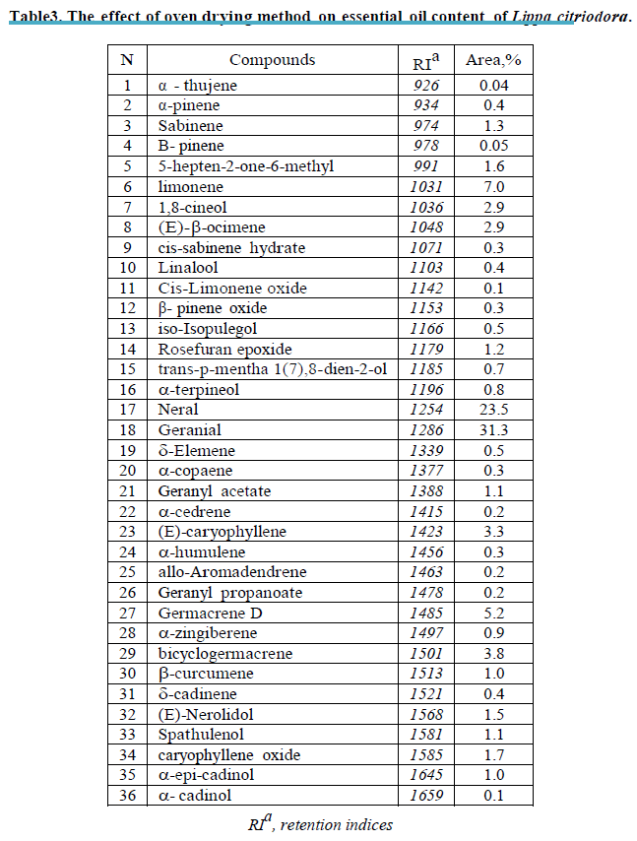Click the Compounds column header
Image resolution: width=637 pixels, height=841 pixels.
click(x=273, y=60)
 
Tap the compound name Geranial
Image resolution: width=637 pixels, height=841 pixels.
click(x=190, y=430)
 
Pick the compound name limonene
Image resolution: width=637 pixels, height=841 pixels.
click(x=190, y=187)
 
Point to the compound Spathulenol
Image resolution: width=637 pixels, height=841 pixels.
click(x=201, y=735)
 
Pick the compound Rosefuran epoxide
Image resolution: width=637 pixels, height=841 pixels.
click(x=224, y=349)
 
